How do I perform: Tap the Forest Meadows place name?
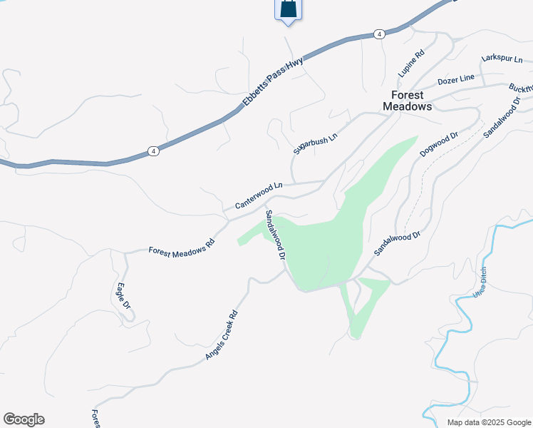pos(408,101)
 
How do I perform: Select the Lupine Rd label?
pos(411,63)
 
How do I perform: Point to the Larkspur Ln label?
pos(502,58)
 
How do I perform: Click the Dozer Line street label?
pos(456,80)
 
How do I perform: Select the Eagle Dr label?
pos(123,297)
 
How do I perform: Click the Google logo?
pos(24,419)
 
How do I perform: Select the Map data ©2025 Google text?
pos(488,422)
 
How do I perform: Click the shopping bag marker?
pos(288,9)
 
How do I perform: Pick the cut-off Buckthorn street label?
pos(520,91)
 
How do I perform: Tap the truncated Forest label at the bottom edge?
pos(95,419)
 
